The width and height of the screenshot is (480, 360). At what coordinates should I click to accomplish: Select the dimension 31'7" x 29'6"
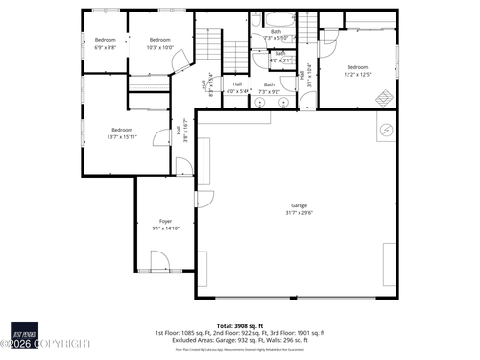click(300, 213)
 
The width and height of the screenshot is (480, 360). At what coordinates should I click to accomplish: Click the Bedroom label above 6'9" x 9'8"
click(105, 39)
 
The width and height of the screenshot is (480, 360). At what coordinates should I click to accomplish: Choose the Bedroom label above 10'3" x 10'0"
click(159, 39)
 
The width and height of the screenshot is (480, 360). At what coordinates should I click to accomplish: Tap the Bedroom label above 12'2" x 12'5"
click(357, 66)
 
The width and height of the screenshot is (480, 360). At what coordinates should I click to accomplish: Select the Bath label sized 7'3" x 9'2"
click(269, 84)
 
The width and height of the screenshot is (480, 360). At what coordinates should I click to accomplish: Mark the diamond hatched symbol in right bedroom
click(383, 97)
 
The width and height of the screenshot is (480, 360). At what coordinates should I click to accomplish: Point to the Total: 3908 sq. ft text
click(240, 324)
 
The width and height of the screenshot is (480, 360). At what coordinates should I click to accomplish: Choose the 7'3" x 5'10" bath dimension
click(276, 37)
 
